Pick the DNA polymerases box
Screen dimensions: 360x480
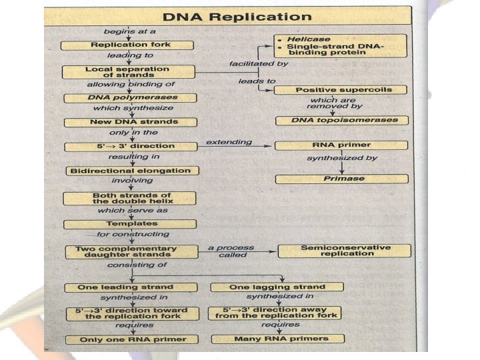pyautogui.click(x=129, y=97)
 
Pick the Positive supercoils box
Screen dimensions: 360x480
pyautogui.click(x=341, y=89)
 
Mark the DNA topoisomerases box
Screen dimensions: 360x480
pyautogui.click(x=341, y=121)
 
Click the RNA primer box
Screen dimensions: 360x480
pyautogui.click(x=341, y=145)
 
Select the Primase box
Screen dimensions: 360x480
pyautogui.click(x=341, y=179)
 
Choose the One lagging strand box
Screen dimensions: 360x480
pyautogui.click(x=277, y=287)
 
